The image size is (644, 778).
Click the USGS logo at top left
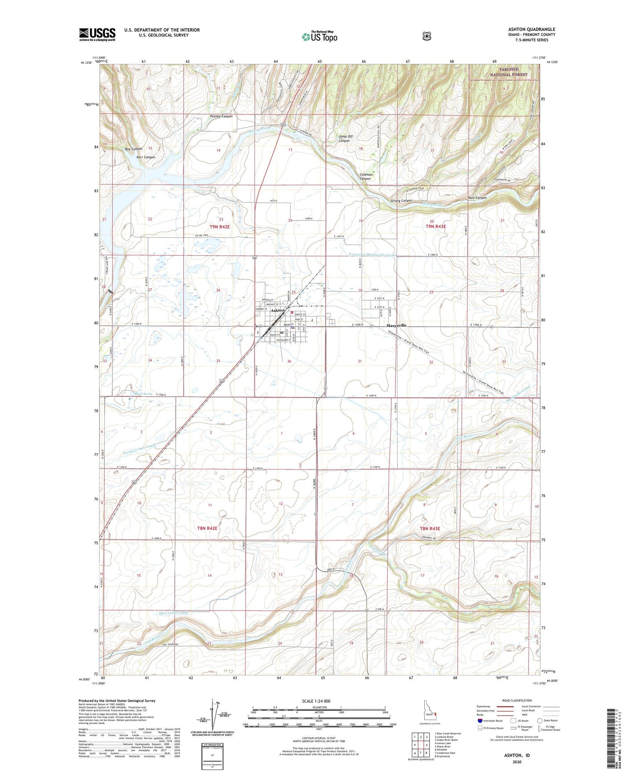pyautogui.click(x=97, y=34)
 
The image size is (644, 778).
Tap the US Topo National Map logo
pyautogui.click(x=319, y=37)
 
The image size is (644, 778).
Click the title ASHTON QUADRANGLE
pyautogui.click(x=531, y=29)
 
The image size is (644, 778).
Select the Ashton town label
pyautogui.click(x=278, y=310)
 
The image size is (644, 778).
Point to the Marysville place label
pyautogui.click(x=396, y=325)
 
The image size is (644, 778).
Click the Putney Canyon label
pyautogui.click(x=221, y=116)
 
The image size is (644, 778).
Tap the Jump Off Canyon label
pyautogui.click(x=344, y=139)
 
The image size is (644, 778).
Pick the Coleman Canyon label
pyautogui.click(x=366, y=177)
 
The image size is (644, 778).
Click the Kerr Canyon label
pyautogui.click(x=146, y=157)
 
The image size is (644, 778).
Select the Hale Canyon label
pyautogui.click(x=477, y=197)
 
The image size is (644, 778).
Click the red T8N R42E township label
pyautogui.click(x=207, y=528)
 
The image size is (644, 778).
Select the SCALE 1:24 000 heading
pyautogui.click(x=316, y=701)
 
